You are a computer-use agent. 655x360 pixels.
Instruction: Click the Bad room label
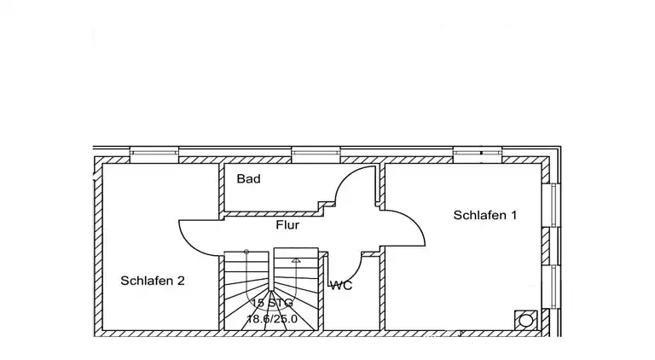click(x=248, y=179)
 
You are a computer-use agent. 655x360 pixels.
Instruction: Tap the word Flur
click(x=287, y=225)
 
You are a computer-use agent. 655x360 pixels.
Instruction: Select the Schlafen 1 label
click(x=485, y=215)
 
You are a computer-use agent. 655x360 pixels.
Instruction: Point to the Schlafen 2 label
click(x=153, y=281)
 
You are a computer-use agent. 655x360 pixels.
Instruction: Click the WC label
click(x=341, y=286)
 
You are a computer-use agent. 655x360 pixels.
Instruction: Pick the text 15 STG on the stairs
click(x=272, y=303)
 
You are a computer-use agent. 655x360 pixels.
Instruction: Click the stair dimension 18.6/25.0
click(x=272, y=319)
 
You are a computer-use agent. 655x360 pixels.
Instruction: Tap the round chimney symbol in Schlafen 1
click(x=525, y=321)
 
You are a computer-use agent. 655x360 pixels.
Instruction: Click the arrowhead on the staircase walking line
click(x=296, y=260)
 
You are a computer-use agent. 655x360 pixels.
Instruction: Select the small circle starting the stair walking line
click(x=246, y=252)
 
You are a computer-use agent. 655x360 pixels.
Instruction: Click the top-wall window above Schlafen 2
click(x=154, y=154)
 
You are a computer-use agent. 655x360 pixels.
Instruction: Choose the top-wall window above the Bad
click(x=316, y=154)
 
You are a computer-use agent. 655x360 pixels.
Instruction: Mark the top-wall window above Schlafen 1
click(x=478, y=154)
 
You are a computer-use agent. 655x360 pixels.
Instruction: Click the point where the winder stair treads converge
click(x=271, y=290)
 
